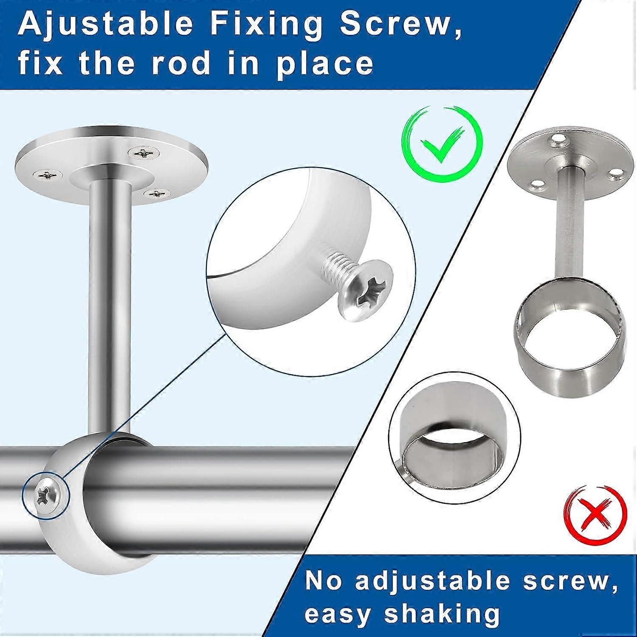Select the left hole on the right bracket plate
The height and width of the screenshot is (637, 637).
point(538,184)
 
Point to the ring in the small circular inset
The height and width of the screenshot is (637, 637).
point(454,450)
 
